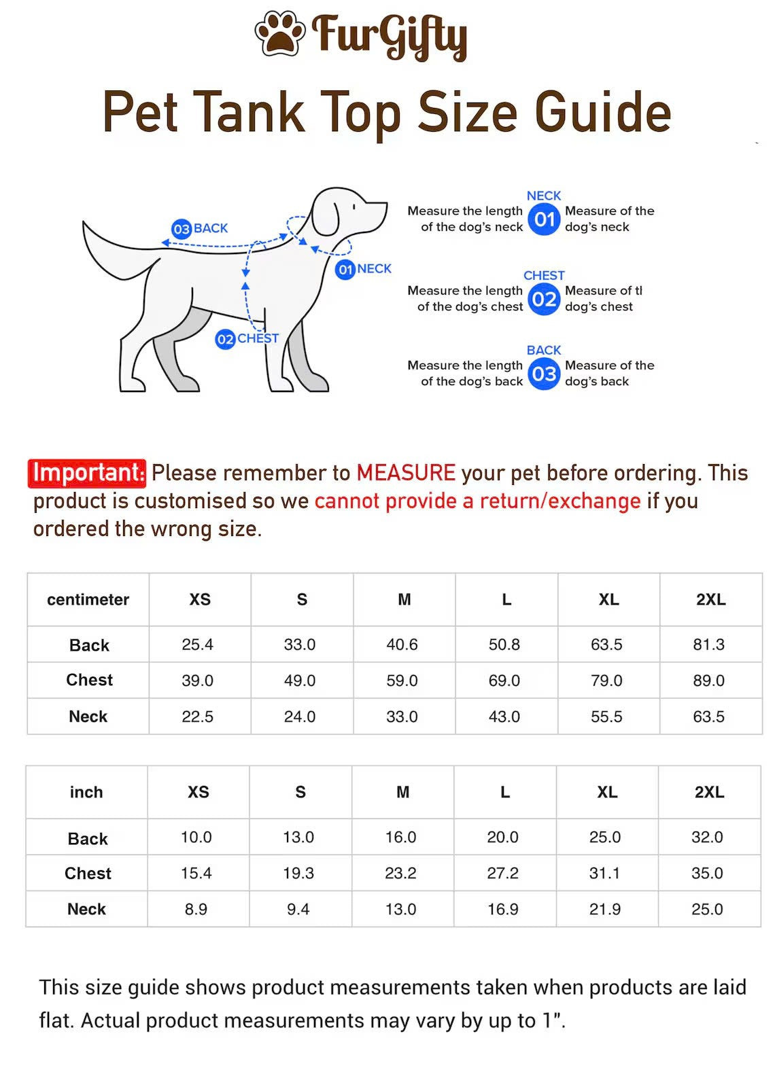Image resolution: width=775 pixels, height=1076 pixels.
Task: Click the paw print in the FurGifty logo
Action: [x=279, y=33]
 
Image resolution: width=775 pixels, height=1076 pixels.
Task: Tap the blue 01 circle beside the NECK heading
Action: [x=544, y=219]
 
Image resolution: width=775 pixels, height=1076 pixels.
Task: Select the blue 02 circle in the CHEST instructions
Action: [x=544, y=299]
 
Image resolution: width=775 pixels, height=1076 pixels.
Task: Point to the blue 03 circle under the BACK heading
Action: [x=544, y=374]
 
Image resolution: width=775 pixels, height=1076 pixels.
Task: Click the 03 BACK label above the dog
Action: [x=200, y=229]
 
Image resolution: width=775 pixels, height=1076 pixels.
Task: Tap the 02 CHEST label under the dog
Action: [x=247, y=338]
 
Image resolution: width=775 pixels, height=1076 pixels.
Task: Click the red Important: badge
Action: [x=87, y=473]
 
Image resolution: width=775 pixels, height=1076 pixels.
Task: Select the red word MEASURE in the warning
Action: [x=406, y=473]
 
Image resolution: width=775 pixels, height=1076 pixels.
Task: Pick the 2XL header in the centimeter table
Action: [x=710, y=599]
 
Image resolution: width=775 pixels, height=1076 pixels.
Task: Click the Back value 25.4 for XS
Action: [x=198, y=644]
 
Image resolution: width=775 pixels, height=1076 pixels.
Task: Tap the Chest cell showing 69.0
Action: [x=504, y=680]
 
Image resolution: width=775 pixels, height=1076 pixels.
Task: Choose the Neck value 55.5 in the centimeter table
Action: [x=606, y=716]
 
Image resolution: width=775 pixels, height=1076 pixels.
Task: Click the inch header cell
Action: [x=86, y=792]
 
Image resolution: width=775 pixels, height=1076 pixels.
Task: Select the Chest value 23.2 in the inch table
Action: [x=400, y=873]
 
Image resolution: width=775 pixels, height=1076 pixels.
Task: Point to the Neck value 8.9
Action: [x=196, y=909]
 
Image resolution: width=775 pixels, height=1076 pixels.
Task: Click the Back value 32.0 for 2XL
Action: [x=707, y=837]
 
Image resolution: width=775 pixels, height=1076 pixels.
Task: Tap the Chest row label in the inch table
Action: [x=88, y=873]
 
